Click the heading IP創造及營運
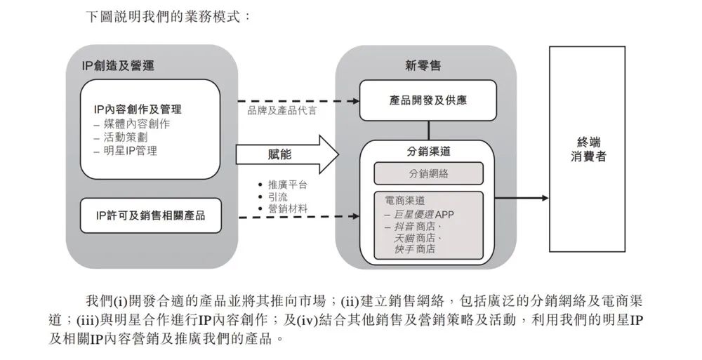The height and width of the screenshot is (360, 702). (118, 66)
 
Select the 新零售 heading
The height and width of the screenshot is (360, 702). (423, 66)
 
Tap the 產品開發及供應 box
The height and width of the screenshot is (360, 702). (428, 100)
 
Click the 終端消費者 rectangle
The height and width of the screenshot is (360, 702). (588, 149)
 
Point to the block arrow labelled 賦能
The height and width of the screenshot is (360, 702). (287, 154)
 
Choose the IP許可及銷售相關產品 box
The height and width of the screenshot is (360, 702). (151, 215)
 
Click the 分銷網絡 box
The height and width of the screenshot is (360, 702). (428, 173)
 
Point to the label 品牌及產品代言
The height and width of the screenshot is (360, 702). (282, 111)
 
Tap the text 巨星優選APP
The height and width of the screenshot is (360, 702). (423, 215)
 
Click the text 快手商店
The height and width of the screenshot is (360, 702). (415, 249)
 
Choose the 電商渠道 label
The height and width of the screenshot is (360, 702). (405, 200)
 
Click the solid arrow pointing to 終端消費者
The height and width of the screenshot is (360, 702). (522, 198)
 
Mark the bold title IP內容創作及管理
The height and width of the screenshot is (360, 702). (138, 109)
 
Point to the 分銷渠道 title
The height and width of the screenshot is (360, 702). (428, 152)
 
